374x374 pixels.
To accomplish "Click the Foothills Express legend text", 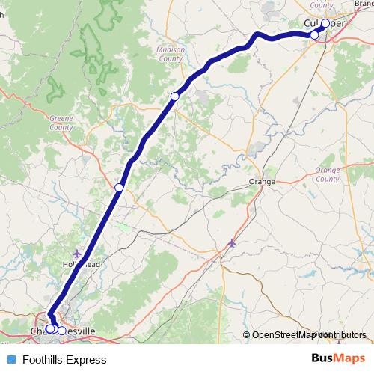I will (x=64, y=360).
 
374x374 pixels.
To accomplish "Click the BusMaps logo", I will (x=337, y=359).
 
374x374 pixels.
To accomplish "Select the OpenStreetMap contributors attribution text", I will (x=309, y=335).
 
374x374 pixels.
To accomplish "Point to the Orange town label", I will (x=263, y=181).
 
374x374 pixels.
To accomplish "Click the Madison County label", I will (x=170, y=54).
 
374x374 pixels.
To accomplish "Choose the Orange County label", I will (x=327, y=175).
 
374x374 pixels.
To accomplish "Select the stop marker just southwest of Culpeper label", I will (x=315, y=35).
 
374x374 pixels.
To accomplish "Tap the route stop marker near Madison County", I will (x=175, y=96).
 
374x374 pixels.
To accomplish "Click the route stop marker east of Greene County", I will (x=119, y=187).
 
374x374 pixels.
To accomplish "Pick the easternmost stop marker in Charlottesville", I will (x=61, y=329).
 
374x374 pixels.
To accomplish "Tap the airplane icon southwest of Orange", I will (x=232, y=242).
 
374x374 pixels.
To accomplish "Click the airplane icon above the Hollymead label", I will (x=78, y=254).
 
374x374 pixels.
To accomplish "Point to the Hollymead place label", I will (x=82, y=264).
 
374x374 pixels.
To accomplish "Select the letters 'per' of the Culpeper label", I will (x=337, y=23).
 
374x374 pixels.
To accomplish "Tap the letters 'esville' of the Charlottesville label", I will (x=82, y=331).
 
